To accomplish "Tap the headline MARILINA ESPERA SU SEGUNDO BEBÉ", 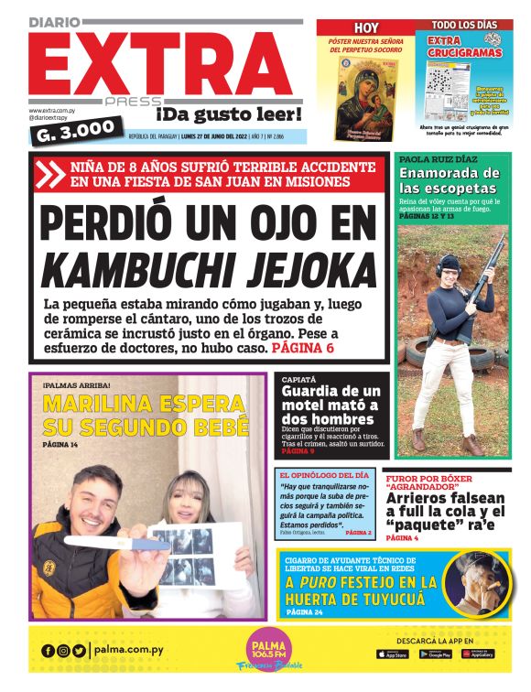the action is (146, 415).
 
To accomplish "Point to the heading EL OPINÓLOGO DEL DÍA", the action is (325, 475).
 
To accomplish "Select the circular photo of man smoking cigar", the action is (476, 582).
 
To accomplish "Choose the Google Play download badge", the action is (435, 654).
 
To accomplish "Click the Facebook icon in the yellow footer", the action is (48, 651).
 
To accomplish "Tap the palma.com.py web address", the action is (129, 651).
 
